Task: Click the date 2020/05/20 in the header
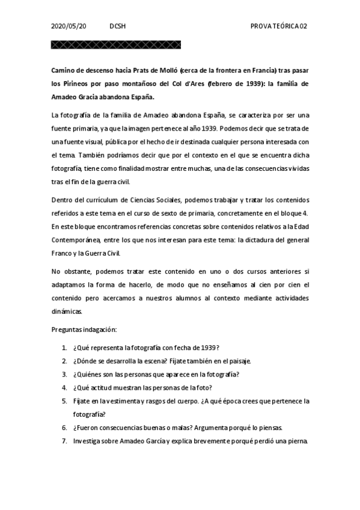(x=69, y=26)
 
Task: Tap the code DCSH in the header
(x=118, y=26)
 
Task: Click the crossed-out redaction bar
(x=116, y=45)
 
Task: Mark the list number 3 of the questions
(x=64, y=374)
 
